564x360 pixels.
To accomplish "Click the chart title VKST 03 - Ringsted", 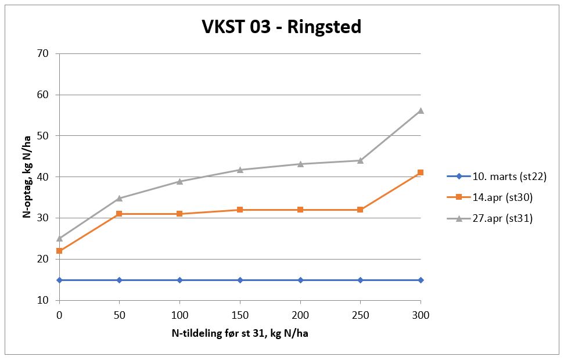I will [281, 27].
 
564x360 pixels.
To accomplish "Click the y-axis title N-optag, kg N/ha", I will [27, 177].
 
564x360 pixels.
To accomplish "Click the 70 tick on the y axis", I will [44, 53].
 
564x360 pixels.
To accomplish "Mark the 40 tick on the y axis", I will [44, 177].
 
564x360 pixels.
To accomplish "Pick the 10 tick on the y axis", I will [44, 300].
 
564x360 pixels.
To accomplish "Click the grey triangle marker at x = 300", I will [421, 110].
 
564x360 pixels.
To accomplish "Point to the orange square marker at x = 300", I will [421, 172].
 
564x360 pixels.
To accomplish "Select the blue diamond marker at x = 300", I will [421, 280].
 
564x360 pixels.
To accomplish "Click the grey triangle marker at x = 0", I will [59, 238].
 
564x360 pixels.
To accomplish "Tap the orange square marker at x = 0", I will [59, 251].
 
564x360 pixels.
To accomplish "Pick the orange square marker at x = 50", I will [119, 214].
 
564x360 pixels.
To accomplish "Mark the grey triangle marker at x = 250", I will [360, 160].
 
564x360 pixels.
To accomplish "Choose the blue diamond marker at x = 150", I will [240, 280].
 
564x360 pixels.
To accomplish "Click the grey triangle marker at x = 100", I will [179, 181].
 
